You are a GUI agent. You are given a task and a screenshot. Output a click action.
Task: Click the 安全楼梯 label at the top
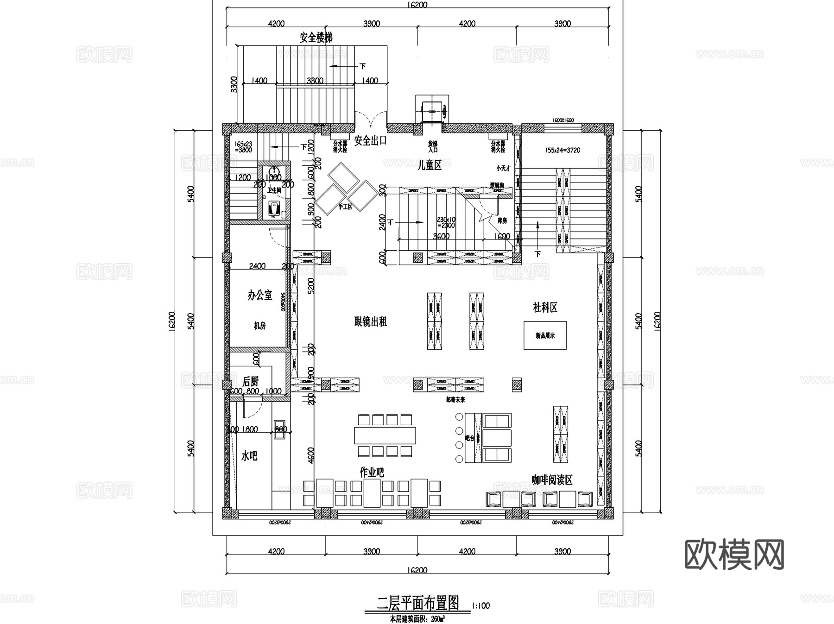[x=316, y=38]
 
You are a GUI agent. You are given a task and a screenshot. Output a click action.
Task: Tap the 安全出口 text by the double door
[x=370, y=140]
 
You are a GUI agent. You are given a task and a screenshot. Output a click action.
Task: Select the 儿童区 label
[x=429, y=165]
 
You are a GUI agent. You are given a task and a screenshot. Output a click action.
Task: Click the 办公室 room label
[x=259, y=295]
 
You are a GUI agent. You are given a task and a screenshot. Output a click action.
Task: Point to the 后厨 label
[x=250, y=381]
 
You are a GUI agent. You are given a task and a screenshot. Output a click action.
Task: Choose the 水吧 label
[x=249, y=456]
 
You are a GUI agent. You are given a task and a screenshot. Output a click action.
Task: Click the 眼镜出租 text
[x=370, y=321]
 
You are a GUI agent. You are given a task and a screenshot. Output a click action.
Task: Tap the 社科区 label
[x=545, y=307]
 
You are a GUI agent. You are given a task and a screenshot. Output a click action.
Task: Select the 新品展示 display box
[x=545, y=335]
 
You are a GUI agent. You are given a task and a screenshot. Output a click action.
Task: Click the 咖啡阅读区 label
[x=552, y=480]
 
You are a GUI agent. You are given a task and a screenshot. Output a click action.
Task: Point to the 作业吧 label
[x=372, y=473]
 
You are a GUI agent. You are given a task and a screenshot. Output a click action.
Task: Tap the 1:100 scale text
[x=480, y=605]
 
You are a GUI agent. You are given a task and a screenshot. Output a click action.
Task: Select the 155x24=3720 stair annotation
[x=562, y=150]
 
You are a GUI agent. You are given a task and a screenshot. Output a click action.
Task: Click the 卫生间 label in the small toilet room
[x=274, y=190]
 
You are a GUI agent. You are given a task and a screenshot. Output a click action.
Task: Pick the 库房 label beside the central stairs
[x=502, y=221]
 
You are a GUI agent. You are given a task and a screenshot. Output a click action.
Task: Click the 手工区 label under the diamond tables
[x=345, y=207]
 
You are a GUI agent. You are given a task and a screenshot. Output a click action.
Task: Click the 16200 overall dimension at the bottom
[x=417, y=570]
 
